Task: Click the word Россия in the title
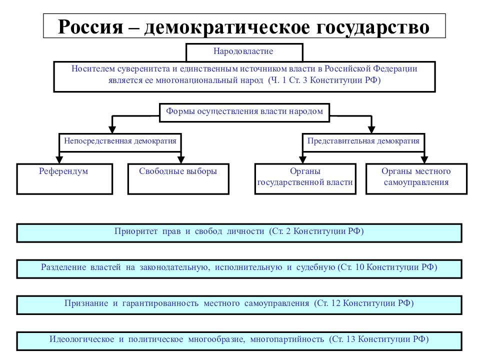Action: (x=90, y=26)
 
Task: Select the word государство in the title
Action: (x=372, y=27)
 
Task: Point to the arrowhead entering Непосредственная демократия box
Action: (x=112, y=129)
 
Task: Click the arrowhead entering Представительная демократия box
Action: (x=371, y=129)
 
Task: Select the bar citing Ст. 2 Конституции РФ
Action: (x=239, y=233)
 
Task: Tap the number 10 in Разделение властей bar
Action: (x=359, y=267)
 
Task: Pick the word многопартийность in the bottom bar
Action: (x=287, y=339)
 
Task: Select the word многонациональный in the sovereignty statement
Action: (x=209, y=80)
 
